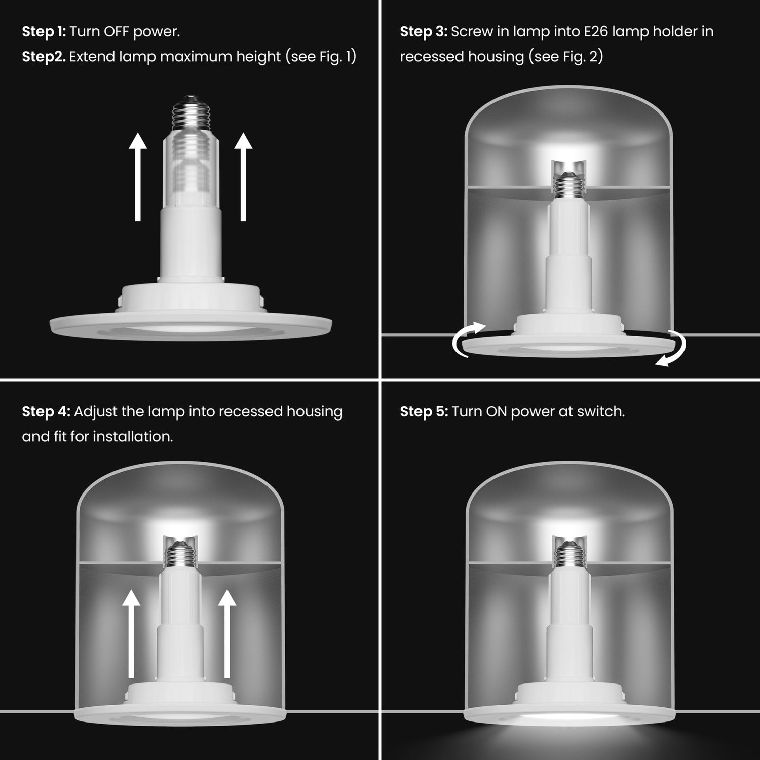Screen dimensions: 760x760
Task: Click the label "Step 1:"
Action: (x=44, y=32)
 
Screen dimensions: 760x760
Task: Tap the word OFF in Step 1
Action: (x=117, y=32)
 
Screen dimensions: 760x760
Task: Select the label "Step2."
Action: (x=44, y=57)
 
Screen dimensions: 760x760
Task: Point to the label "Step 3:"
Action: (x=423, y=32)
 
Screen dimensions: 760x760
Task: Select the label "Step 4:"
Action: (x=46, y=412)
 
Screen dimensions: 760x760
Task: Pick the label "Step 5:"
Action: (x=424, y=412)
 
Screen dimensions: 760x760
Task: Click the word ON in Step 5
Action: (x=497, y=412)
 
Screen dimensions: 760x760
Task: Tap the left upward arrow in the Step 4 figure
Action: (x=132, y=633)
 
